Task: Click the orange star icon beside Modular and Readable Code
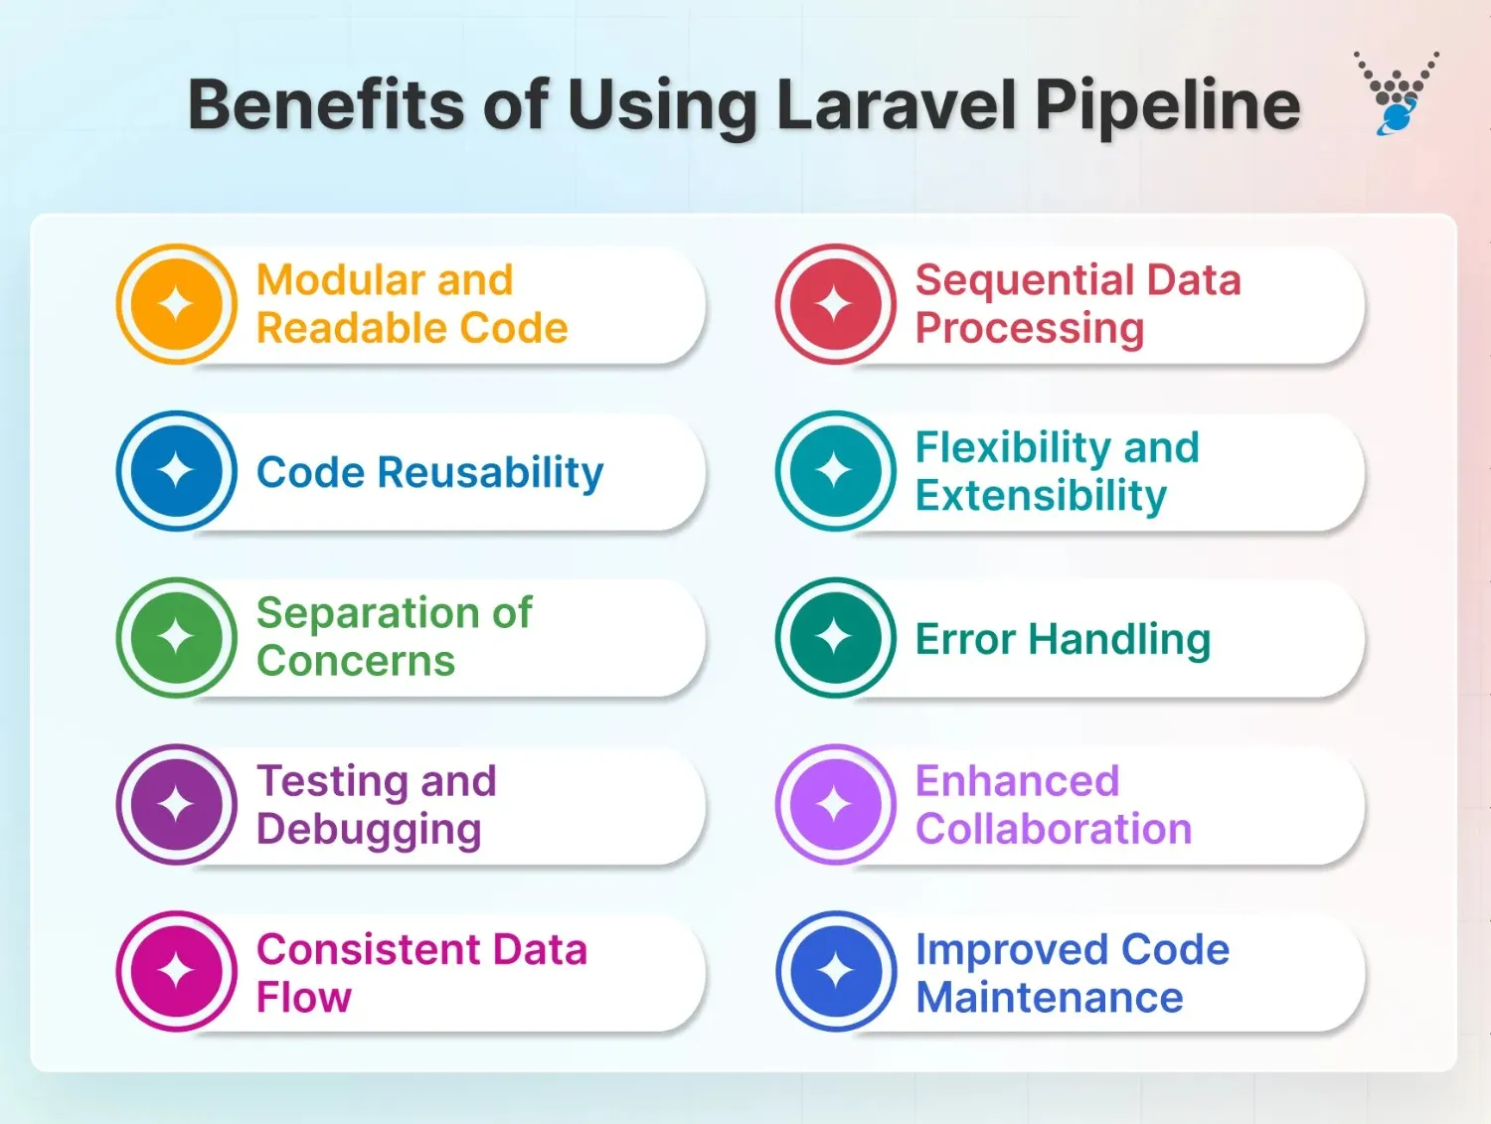pos(177,304)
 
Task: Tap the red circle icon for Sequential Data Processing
pos(836,304)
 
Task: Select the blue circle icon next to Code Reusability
pos(177,471)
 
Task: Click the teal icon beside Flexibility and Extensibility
pos(836,471)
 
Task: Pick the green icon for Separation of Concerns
pos(177,637)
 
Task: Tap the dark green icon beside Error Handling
pos(836,637)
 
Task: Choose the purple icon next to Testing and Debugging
pos(177,804)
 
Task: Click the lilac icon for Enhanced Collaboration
pos(836,804)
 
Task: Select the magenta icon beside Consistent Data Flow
pos(177,971)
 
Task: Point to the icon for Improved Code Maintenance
pos(836,971)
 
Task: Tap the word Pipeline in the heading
pos(1167,105)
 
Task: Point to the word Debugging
pos(369,830)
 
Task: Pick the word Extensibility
pos(1041,496)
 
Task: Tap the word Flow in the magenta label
pos(304,998)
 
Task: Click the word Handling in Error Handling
pos(1119,640)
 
